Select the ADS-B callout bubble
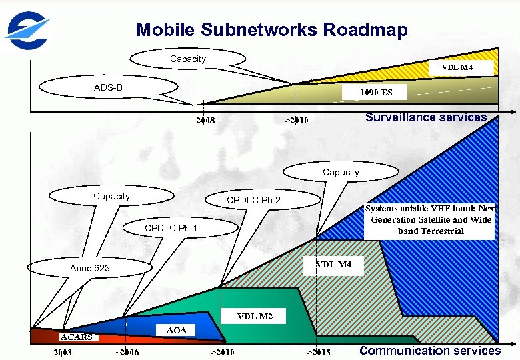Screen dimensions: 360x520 108,87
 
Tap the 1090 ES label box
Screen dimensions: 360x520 376,93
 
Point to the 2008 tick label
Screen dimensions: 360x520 205,121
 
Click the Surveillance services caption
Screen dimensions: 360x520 426,117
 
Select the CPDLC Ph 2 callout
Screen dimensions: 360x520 253,200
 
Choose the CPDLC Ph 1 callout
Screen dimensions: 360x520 171,228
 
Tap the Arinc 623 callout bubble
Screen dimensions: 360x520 90,268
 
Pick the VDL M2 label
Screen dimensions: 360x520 255,316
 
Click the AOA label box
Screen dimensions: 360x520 176,331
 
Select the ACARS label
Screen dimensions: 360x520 77,337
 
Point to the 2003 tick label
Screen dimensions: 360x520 63,352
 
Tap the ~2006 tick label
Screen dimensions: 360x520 127,352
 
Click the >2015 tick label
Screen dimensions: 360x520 318,352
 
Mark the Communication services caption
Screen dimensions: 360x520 430,351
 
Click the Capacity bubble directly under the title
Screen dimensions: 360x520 188,59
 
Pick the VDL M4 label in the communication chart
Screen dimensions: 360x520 333,265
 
